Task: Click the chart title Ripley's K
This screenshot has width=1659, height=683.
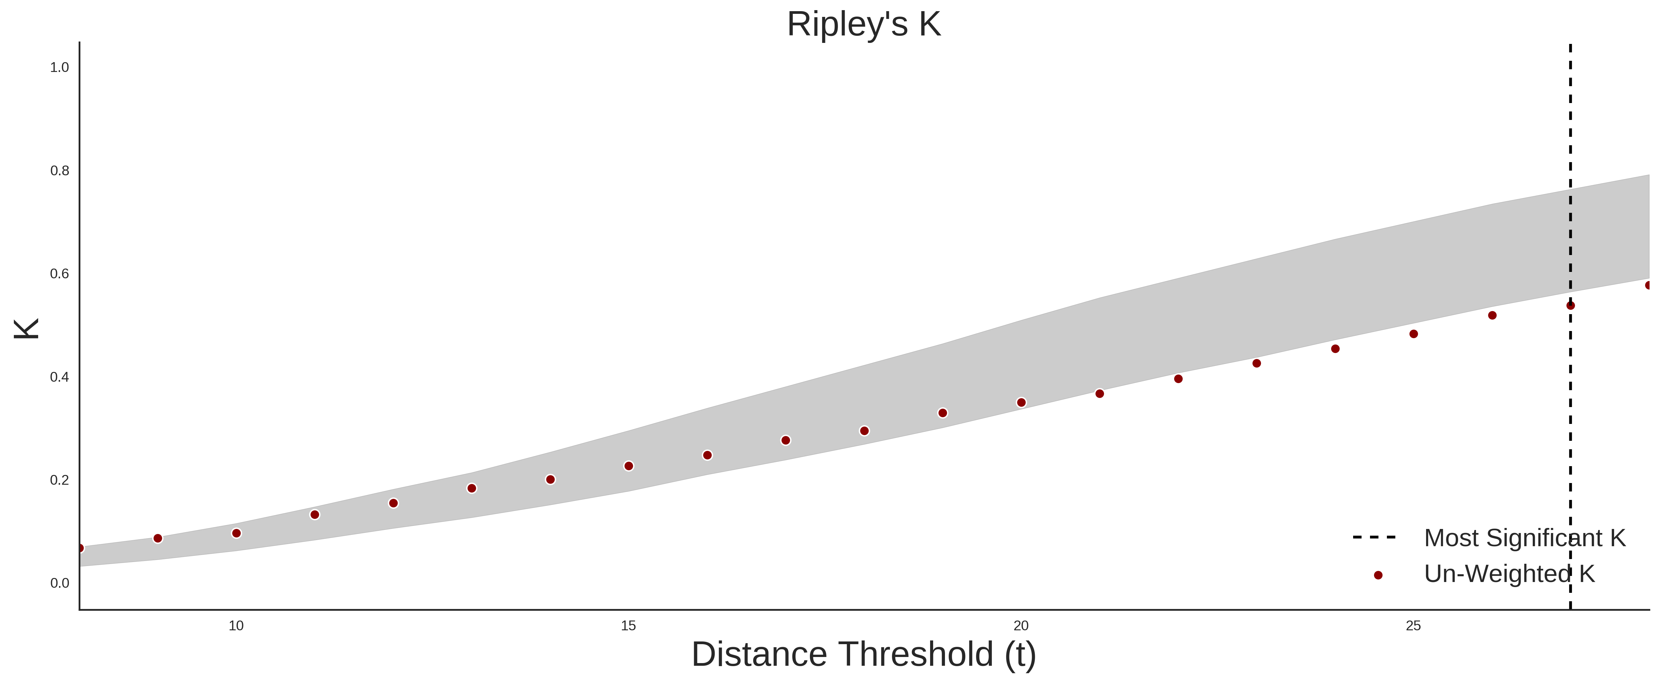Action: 864,24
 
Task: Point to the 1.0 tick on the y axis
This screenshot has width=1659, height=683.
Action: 59,68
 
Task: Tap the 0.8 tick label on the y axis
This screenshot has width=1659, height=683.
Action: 59,171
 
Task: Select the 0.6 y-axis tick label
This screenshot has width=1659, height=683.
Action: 59,274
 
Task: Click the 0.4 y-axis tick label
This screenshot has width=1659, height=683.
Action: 59,377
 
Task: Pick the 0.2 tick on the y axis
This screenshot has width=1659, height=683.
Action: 59,480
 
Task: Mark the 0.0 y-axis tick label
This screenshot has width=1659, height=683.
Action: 59,583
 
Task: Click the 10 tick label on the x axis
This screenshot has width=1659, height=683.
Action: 236,626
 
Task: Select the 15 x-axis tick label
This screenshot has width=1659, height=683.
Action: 629,626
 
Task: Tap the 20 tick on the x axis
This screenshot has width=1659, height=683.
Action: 1021,626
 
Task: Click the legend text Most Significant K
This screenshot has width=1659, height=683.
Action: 1524,538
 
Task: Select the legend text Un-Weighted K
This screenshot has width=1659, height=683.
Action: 1509,574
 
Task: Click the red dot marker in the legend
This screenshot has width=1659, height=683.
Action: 1377,575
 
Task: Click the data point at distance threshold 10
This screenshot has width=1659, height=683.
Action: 236,533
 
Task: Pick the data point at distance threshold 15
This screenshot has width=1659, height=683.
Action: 629,466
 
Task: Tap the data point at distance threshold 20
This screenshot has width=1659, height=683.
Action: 1021,403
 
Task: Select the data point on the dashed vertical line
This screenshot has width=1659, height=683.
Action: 1570,305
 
